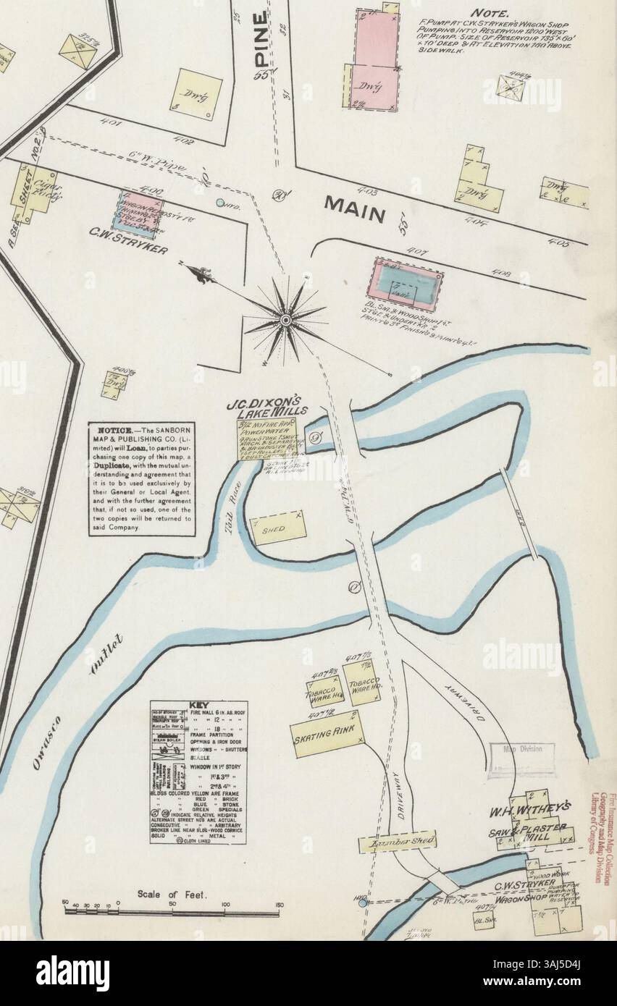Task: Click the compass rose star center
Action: tap(285, 318)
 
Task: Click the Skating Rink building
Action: tap(327, 734)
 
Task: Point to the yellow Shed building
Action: tap(277, 528)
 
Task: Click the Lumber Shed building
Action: tap(397, 842)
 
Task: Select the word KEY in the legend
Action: tap(198, 706)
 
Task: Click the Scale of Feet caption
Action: tap(172, 894)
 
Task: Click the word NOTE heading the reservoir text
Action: tap(490, 13)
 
